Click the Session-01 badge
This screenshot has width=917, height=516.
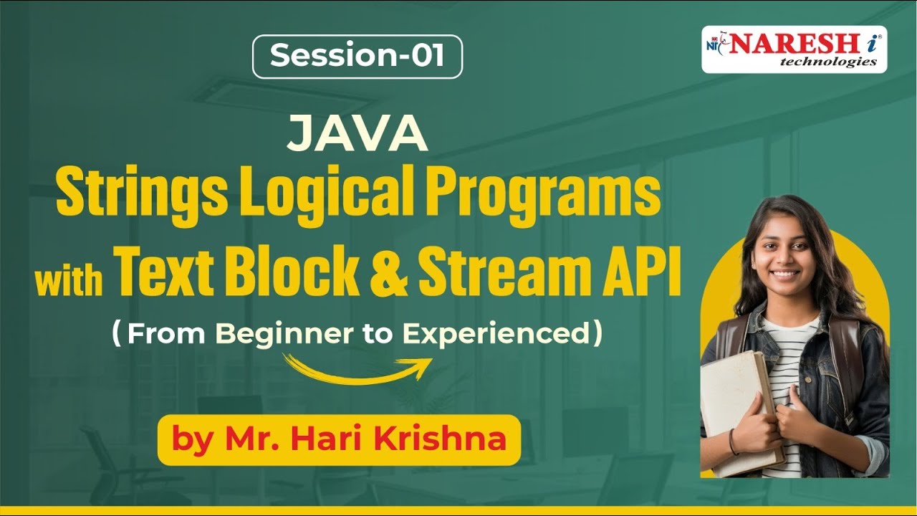click(357, 57)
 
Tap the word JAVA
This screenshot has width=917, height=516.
click(357, 135)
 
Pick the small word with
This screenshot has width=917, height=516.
click(69, 280)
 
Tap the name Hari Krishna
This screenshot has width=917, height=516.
click(401, 439)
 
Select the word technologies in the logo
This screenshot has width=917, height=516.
click(827, 62)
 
